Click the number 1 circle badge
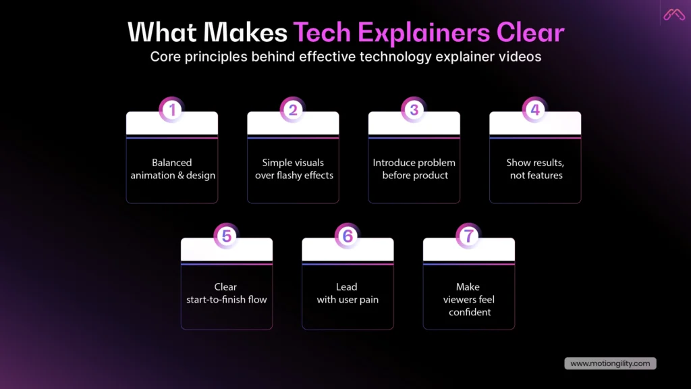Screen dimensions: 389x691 [x=171, y=109]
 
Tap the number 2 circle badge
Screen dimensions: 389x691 [x=293, y=109]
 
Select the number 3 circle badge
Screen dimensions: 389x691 [x=414, y=109]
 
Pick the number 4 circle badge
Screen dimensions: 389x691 [x=535, y=109]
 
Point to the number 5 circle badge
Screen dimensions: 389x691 [x=226, y=236]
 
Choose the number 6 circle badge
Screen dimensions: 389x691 [x=348, y=236]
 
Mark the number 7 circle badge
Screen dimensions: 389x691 [x=468, y=236]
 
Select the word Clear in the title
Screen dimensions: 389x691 [x=530, y=32]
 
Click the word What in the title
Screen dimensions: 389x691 [x=163, y=32]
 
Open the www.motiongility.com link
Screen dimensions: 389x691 [x=610, y=363]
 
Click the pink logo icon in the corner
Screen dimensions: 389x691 [x=674, y=14]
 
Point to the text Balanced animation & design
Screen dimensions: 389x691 [x=172, y=169]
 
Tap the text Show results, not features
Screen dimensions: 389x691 [x=535, y=169]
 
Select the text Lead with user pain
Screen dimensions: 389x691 [x=348, y=293]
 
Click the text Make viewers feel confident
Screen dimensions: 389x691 [x=468, y=299]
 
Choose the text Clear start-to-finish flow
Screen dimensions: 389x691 [x=226, y=293]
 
